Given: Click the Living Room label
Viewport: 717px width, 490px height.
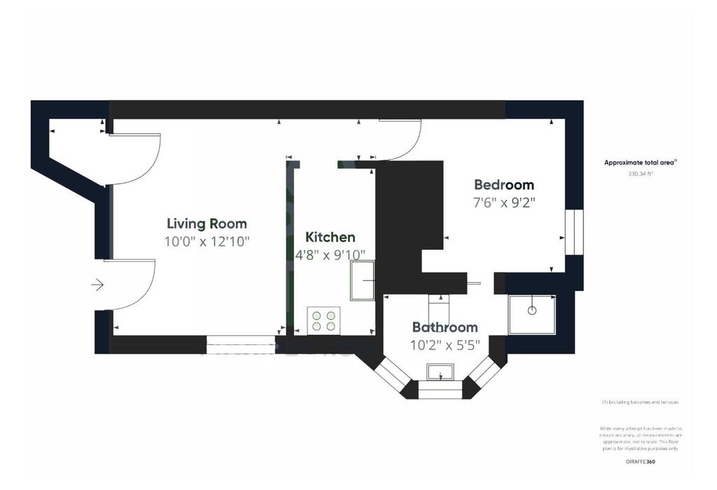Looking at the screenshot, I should tap(207, 224).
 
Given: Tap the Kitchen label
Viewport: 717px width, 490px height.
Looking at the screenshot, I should tap(330, 237).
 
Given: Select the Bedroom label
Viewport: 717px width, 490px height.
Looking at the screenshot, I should tap(504, 185).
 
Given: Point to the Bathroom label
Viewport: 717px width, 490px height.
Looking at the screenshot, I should tap(445, 327).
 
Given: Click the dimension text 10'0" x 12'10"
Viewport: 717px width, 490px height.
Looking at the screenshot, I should tap(207, 241).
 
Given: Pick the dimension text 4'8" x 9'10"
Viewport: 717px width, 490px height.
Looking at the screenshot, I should tap(330, 255).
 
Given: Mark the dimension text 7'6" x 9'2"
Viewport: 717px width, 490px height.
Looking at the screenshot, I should tap(504, 202).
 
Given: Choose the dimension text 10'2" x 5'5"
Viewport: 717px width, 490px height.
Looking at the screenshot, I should tap(445, 344).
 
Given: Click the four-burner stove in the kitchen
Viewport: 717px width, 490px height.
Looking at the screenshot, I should tap(323, 321).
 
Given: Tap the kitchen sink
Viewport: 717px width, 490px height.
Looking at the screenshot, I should tap(363, 281).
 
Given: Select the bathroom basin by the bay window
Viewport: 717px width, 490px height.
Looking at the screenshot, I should tap(440, 372).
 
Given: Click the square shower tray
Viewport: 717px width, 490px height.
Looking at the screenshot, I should tap(533, 315).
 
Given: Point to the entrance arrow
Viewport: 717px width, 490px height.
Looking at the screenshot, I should tap(97, 285).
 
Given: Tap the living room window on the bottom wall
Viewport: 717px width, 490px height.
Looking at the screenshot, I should tap(241, 341).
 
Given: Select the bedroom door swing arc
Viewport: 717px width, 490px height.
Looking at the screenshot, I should tap(406, 143).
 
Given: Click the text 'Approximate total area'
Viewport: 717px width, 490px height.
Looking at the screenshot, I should tap(640, 162).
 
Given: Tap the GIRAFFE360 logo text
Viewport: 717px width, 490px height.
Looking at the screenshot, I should tap(641, 462).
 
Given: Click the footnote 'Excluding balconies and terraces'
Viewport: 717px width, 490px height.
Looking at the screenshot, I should tap(640, 402).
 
